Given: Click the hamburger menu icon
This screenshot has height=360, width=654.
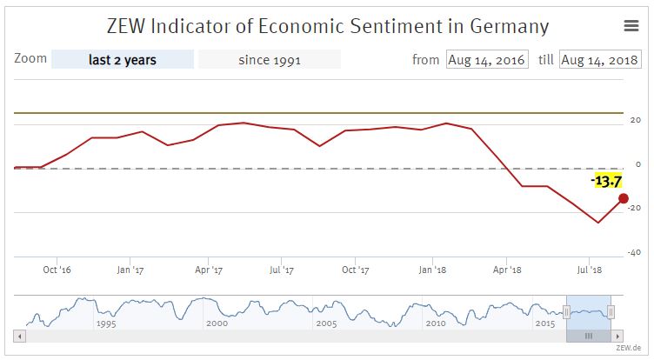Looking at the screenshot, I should click(x=631, y=26).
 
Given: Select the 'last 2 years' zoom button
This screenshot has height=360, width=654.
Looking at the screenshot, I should click(x=123, y=60).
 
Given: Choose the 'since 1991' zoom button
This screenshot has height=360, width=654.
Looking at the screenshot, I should click(x=269, y=60).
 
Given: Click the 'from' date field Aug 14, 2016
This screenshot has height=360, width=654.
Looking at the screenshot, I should click(x=486, y=60).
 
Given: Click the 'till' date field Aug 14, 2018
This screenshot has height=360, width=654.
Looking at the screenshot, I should click(x=599, y=60).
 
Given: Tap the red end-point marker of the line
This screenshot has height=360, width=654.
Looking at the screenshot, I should click(x=624, y=198).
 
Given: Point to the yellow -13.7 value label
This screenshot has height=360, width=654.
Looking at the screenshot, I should click(x=605, y=181).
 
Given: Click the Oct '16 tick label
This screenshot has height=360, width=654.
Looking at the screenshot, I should click(x=57, y=270).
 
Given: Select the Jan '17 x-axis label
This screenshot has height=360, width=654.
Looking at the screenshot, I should click(x=130, y=270).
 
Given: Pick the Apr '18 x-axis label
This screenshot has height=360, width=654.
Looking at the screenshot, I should click(x=507, y=270).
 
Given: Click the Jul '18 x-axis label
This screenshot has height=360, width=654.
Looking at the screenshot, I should click(x=589, y=270).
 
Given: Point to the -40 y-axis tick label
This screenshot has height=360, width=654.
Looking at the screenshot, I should click(x=636, y=253).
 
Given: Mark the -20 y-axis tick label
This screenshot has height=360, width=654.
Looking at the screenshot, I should click(x=636, y=208).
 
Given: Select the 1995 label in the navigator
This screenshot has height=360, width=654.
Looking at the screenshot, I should click(x=106, y=323).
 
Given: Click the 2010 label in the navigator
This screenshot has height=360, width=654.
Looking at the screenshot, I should click(x=436, y=323).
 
